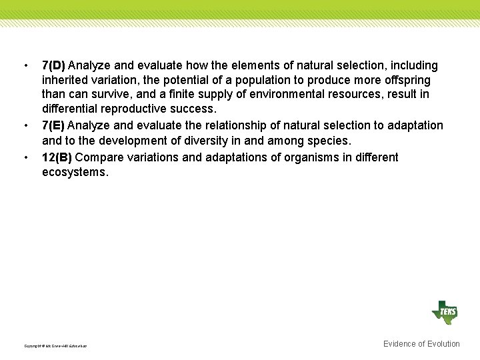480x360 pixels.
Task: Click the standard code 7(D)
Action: click(53, 65)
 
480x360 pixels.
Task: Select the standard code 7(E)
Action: click(53, 125)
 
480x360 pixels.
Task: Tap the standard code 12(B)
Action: click(57, 157)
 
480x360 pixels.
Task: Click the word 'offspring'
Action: click(407, 80)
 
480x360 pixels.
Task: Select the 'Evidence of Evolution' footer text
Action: click(421, 344)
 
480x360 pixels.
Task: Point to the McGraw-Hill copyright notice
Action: click(55, 346)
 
